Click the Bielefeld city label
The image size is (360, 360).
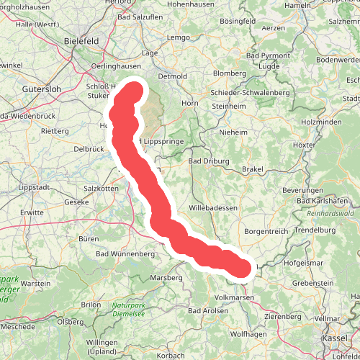[81, 41]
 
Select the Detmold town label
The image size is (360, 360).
[172, 75]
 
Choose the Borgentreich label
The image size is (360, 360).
[266, 231]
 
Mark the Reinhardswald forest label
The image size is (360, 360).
[329, 215]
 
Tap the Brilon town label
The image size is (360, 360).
[91, 304]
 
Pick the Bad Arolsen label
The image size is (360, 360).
[205, 310]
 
